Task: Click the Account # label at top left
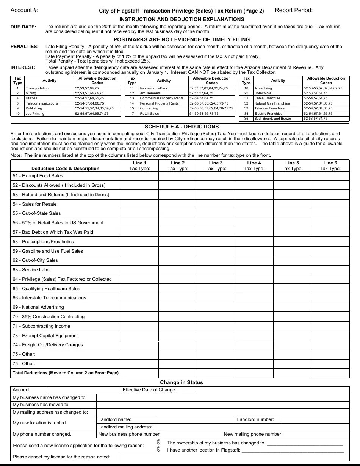point(24,10)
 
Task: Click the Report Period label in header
point(294,10)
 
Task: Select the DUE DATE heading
point(23,27)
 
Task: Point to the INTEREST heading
point(23,67)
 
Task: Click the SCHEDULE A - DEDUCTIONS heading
point(182,127)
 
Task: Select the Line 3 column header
point(216,166)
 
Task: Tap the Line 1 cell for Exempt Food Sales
point(139,176)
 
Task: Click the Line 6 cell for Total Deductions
point(330,373)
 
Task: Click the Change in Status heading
point(181,382)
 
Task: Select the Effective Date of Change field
point(261,390)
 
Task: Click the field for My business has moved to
point(222,405)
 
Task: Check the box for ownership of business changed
point(159,443)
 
